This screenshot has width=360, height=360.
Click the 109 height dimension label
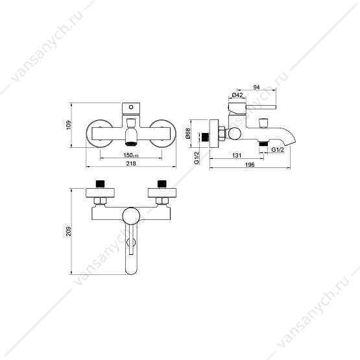click(69, 125)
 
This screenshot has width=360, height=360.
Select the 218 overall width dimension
click(131, 163)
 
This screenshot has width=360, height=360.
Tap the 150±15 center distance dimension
click(131, 156)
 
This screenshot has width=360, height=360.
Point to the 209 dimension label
click(69, 232)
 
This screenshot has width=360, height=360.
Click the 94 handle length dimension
click(256, 88)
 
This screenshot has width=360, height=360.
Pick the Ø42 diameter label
click(237, 95)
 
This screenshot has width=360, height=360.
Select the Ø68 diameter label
click(187, 134)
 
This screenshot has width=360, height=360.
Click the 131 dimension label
click(237, 156)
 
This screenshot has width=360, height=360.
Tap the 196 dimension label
click(250, 165)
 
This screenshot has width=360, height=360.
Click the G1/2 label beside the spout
click(278, 150)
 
